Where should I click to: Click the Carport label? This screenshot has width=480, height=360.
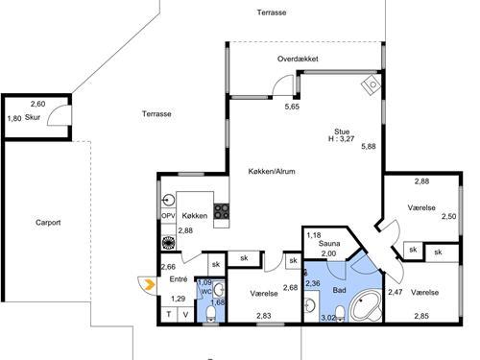tap(48, 223)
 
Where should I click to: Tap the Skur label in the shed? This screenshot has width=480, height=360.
tap(33, 117)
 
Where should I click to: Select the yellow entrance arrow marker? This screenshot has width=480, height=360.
tap(150, 284)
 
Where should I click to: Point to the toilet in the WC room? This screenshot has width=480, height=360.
tap(210, 313)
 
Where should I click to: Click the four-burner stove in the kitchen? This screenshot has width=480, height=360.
tap(222, 211)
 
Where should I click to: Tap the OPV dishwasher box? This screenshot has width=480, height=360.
tap(168, 216)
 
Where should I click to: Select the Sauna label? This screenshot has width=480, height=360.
tap(329, 244)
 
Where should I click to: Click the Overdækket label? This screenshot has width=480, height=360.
tap(298, 59)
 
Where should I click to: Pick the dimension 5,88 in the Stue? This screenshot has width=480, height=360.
tap(369, 147)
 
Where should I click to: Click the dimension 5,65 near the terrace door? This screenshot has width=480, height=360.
tap(292, 107)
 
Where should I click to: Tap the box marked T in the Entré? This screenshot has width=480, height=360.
tap(169, 314)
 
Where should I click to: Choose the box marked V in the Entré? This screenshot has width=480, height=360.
tap(185, 314)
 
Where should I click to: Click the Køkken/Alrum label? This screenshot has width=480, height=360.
tap(272, 172)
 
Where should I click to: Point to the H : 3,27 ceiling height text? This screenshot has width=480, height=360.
tap(341, 139)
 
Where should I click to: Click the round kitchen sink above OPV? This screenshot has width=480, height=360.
tap(168, 201)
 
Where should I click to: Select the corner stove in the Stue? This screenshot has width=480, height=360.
tap(372, 84)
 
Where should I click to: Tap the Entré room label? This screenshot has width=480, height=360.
tap(179, 279)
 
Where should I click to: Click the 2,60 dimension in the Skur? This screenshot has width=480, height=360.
tap(37, 104)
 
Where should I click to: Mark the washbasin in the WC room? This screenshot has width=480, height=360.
tap(220, 290)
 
